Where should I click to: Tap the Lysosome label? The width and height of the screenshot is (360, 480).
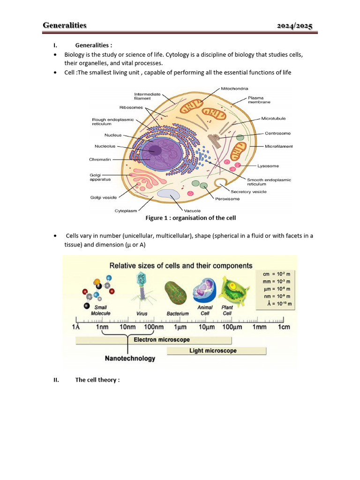[x=268, y=166]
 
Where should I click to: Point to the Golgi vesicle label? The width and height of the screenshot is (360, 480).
[x=103, y=197]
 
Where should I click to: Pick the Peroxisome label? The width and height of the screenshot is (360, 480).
[x=227, y=199]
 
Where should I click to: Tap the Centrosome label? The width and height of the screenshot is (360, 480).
[x=278, y=133]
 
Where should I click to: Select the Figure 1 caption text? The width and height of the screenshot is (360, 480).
[x=190, y=218]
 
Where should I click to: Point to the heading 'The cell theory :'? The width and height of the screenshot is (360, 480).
[x=97, y=380]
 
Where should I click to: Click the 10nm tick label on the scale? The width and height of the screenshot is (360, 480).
[x=127, y=327]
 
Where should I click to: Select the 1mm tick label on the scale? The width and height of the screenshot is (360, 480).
[x=260, y=327]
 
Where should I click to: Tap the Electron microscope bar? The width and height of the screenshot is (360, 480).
[x=162, y=339]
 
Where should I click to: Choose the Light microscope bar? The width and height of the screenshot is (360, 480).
[x=213, y=351]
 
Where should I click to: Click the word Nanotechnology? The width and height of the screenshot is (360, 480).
[x=130, y=359]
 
